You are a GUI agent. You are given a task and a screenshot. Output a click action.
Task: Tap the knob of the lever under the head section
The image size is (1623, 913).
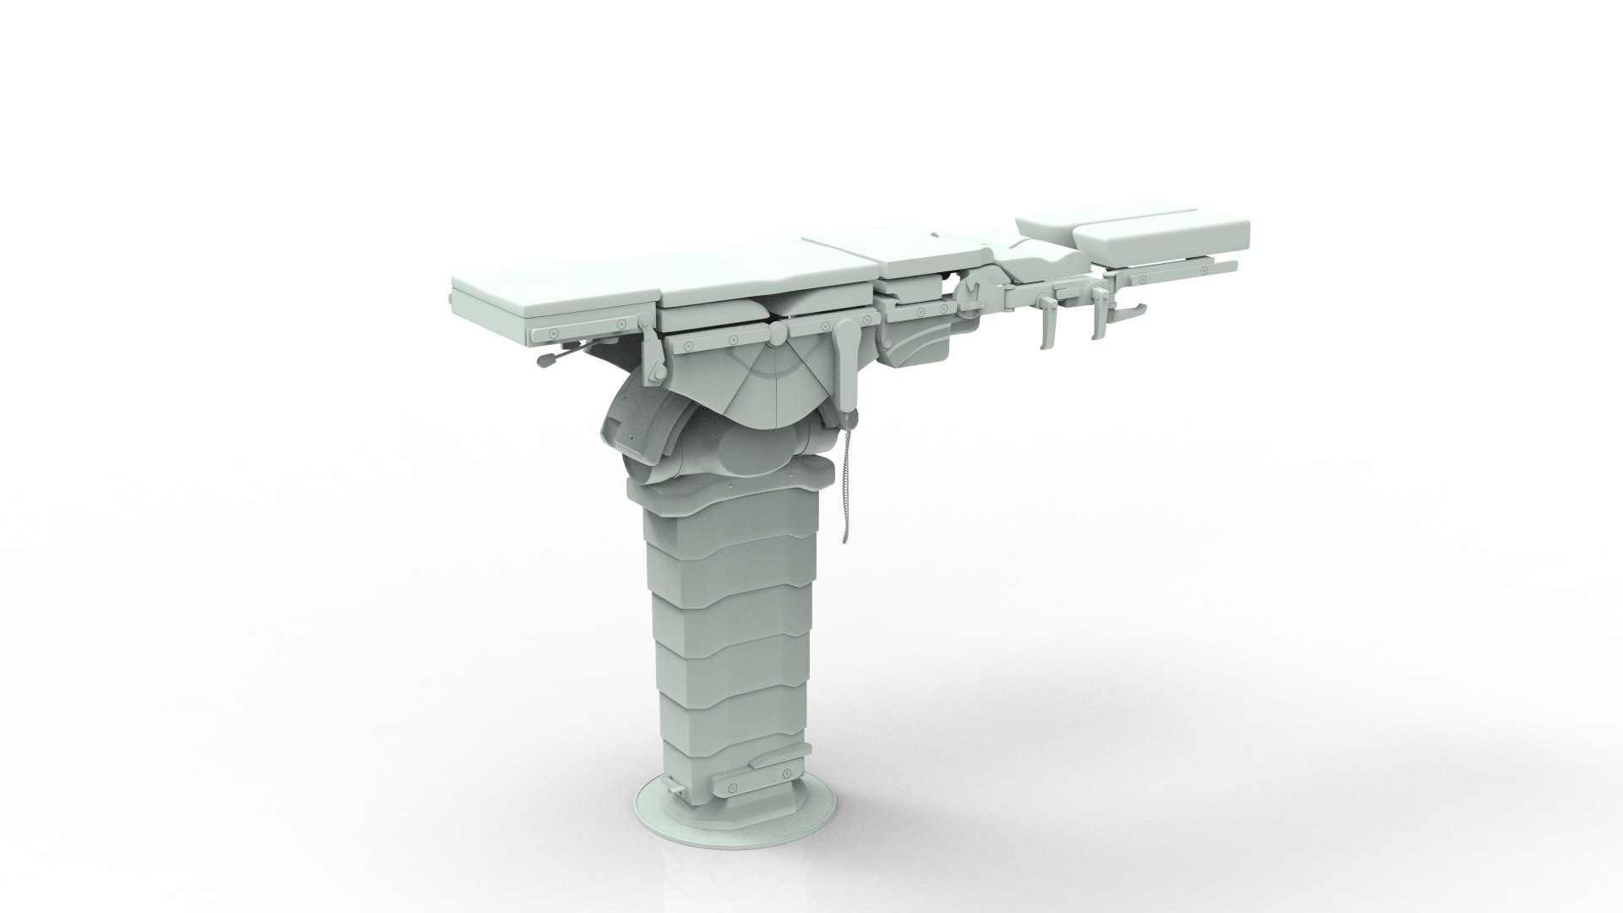pos(541,360)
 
